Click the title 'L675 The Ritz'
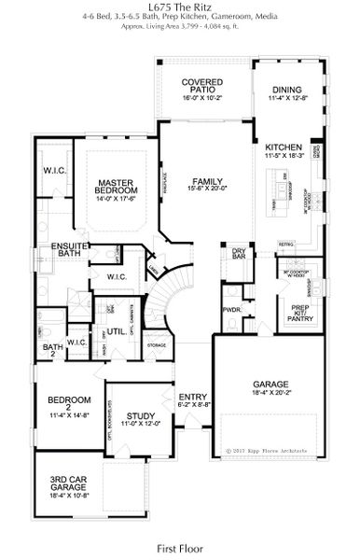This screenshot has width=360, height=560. click(180, 7)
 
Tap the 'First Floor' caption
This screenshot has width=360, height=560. click(180, 540)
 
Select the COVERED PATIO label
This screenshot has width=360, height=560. click(202, 88)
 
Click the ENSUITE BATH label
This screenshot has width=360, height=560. click(67, 250)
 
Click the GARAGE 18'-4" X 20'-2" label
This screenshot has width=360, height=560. click(270, 388)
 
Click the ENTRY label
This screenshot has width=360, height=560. click(192, 400)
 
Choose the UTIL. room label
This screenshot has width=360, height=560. click(116, 331)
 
